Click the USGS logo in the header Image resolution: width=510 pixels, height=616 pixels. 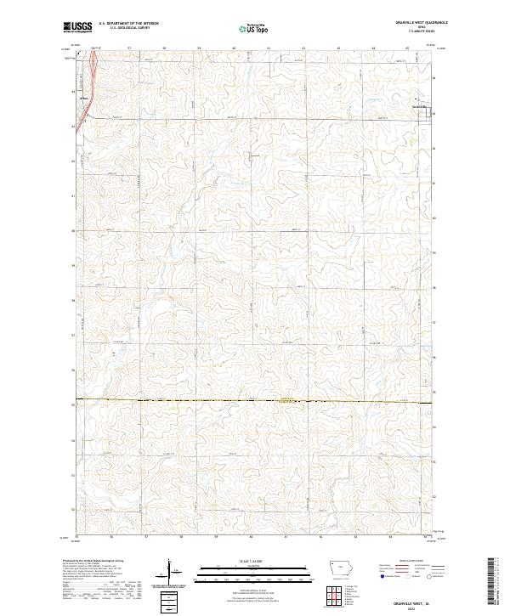click(78, 27)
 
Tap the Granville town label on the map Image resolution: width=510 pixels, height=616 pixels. click(419, 106)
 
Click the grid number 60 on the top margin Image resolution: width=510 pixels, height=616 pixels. click(233, 48)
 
